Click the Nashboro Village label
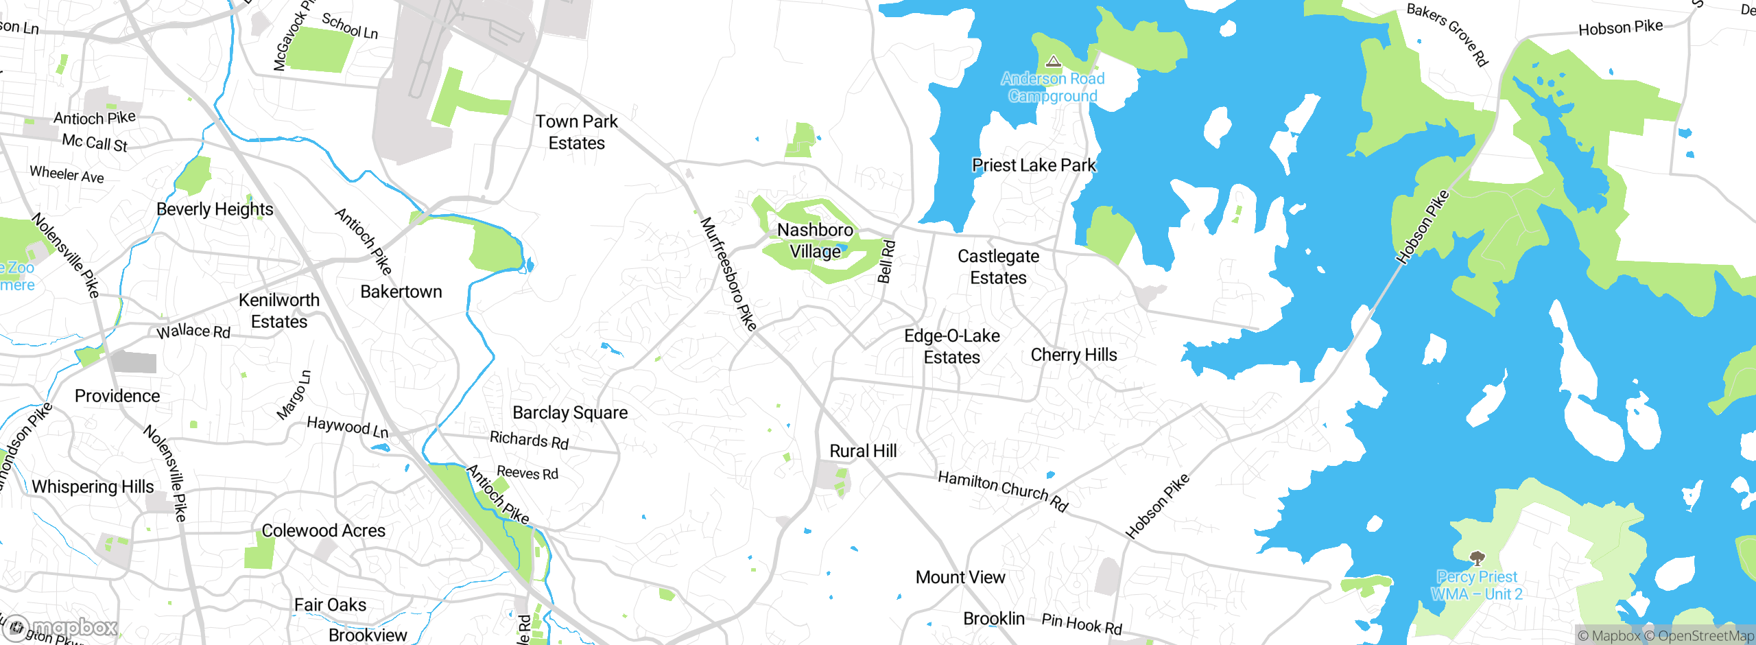[815, 241]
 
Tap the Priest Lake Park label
[1034, 165]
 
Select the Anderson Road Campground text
[1052, 88]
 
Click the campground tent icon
[1054, 62]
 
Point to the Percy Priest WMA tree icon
[1477, 558]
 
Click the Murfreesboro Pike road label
[728, 274]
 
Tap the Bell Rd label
[886, 261]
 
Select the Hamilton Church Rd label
[1003, 491]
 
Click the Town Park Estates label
[576, 132]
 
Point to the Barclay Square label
[570, 413]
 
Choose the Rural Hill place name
[863, 451]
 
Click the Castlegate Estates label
[998, 267]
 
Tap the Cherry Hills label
[1073, 355]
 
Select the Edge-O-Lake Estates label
[951, 347]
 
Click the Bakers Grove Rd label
[1447, 34]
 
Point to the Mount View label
[960, 578]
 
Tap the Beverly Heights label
[215, 209]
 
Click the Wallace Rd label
[193, 331]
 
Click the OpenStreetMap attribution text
[1704, 636]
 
